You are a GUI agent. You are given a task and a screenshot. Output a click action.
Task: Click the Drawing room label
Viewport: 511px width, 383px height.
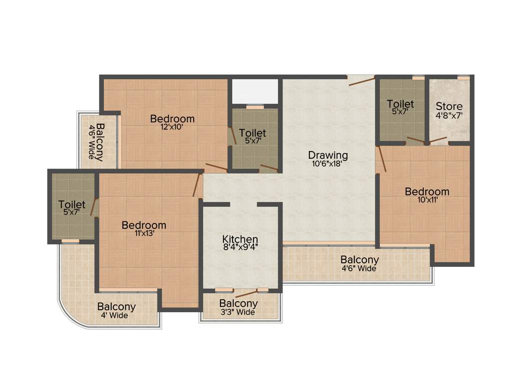(327, 155)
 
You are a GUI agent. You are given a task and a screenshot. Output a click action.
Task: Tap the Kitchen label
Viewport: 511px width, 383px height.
(240, 239)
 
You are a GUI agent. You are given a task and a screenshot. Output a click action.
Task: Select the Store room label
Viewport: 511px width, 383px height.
(449, 106)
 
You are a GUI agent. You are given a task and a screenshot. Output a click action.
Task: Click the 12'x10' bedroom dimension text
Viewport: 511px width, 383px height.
(172, 127)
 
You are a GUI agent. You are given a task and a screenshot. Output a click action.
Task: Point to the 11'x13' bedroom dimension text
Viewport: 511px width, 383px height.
(144, 234)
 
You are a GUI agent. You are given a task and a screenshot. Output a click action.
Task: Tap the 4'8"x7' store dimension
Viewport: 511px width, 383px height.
(449, 115)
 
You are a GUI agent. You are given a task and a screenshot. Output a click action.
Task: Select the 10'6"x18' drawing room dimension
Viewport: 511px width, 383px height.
(327, 163)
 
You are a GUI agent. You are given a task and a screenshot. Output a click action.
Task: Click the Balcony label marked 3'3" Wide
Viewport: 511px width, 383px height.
(239, 303)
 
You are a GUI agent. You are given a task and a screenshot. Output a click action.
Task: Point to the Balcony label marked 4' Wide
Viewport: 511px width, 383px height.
(116, 307)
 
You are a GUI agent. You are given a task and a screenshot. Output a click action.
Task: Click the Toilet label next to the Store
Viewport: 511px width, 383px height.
(400, 104)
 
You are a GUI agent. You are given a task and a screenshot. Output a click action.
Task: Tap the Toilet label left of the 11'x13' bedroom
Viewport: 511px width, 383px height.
(72, 204)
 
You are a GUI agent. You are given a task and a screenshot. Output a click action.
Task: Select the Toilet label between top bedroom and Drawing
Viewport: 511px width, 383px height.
(252, 133)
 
